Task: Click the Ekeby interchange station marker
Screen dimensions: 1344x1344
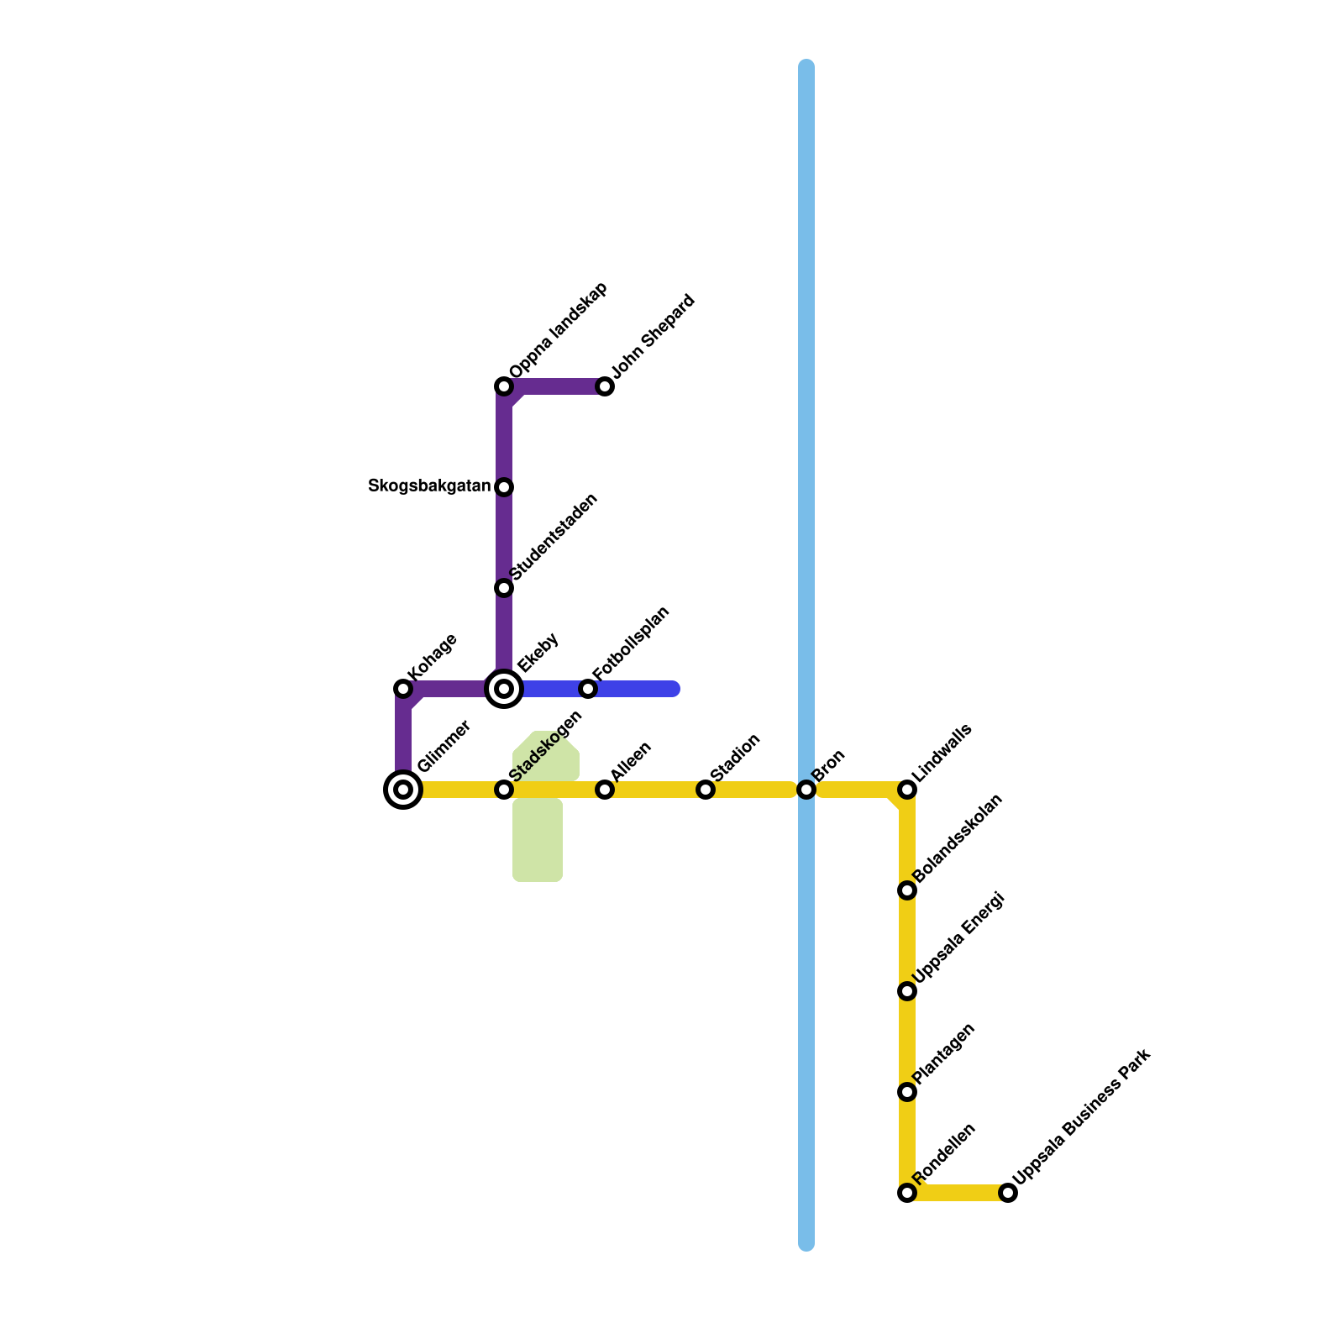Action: (x=504, y=689)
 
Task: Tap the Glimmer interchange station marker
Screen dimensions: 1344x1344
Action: (x=403, y=790)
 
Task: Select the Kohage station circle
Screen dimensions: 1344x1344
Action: (x=403, y=689)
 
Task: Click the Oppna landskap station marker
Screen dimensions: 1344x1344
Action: (x=504, y=386)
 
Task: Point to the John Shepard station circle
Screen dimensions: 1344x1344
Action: (x=605, y=386)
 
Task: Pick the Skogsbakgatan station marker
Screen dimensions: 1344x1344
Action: (x=504, y=487)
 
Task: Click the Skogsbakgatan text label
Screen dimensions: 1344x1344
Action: (x=429, y=486)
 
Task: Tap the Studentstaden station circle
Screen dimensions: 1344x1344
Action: (x=504, y=588)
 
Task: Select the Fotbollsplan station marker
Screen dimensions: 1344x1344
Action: (x=588, y=689)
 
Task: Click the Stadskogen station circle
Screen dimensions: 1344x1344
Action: (x=504, y=790)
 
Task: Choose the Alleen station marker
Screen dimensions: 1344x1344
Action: (x=605, y=790)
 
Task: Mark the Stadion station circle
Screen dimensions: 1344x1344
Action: (x=706, y=790)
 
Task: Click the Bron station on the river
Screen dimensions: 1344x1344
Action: (x=806, y=790)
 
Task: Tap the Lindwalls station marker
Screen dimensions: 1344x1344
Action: (x=907, y=790)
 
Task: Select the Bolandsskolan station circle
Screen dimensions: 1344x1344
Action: (x=907, y=890)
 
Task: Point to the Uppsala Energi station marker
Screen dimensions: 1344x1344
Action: (x=907, y=991)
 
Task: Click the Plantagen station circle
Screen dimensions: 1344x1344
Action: (x=907, y=1092)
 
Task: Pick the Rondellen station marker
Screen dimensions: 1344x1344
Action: (x=907, y=1193)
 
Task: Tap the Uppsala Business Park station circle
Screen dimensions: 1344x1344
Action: (x=1008, y=1193)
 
